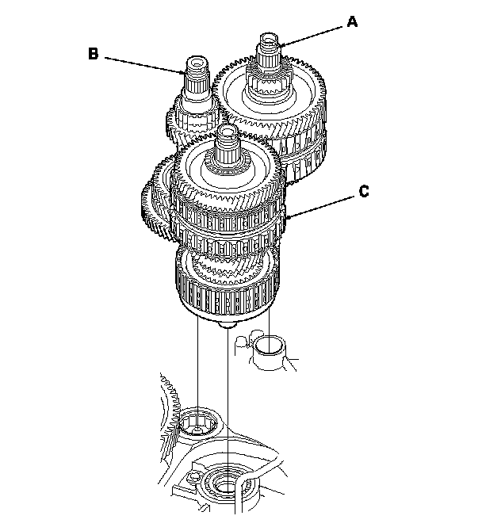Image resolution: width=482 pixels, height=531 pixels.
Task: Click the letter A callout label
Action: pyautogui.click(x=352, y=23)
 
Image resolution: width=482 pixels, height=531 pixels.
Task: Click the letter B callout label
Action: pyautogui.click(x=94, y=54)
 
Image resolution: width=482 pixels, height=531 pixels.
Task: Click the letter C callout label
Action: pyautogui.click(x=362, y=191)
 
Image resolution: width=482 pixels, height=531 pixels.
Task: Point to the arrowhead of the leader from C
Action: pyautogui.click(x=287, y=217)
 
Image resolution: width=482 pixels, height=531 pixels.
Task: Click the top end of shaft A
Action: pyautogui.click(x=267, y=38)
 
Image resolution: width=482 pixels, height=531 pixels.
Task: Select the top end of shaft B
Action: pyautogui.click(x=196, y=61)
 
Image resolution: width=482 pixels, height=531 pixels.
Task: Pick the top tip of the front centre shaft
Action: pyautogui.click(x=228, y=129)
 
